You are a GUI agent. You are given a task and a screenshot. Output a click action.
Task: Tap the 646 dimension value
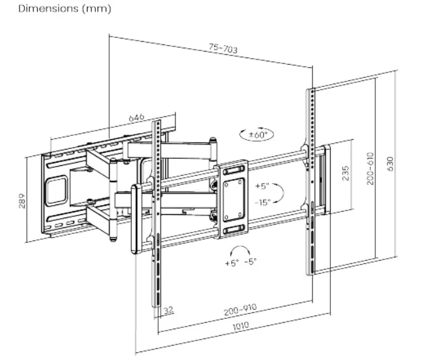pos(136,118)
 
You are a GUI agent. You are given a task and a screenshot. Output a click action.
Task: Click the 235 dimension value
pos(345,173)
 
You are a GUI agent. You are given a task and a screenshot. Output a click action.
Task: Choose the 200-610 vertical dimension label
pos(370,169)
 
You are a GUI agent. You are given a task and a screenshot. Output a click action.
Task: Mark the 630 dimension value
pos(390,163)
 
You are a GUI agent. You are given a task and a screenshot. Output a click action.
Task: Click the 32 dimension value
pos(169,310)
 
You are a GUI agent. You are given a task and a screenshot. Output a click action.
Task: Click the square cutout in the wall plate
pos(57,187)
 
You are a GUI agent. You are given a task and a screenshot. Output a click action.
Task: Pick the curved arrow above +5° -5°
pos(240,251)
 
